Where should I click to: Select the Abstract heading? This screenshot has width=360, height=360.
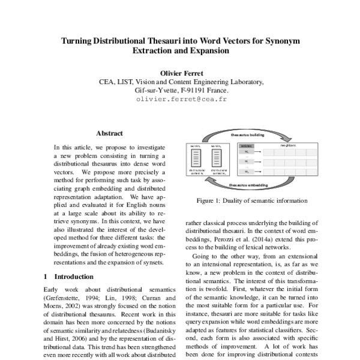point(109,133)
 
